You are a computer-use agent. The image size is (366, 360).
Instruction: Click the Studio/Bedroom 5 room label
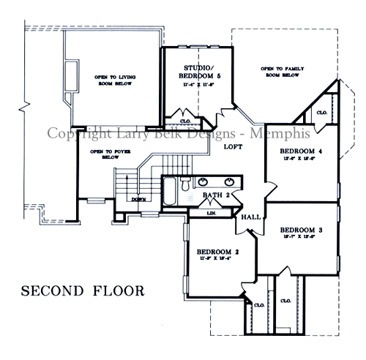[x=198, y=71]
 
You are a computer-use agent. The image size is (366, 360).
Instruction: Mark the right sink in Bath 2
[x=229, y=181]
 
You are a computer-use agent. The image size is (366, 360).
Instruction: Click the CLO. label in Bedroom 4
[x=322, y=112]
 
